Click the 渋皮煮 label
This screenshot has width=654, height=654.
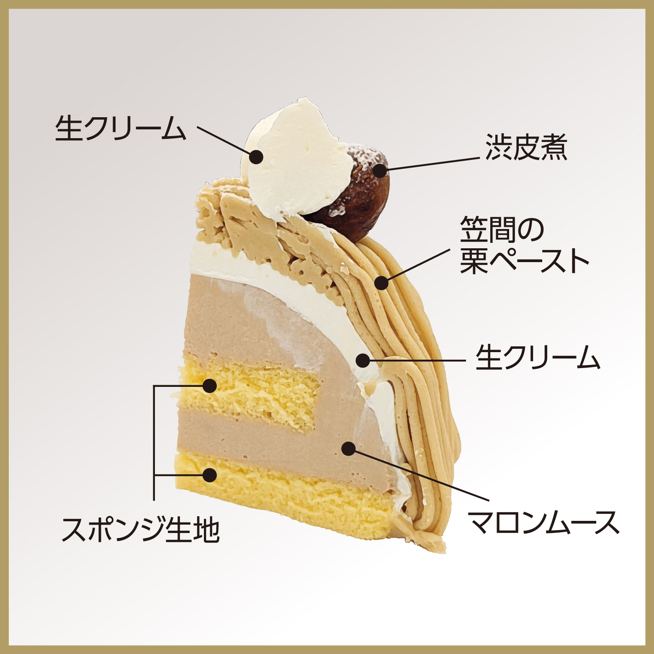coord(526,147)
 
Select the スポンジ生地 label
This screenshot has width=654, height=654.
coord(141,529)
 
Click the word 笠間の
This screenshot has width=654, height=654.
coord(502,230)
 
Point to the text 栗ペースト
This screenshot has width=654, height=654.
coord(525,261)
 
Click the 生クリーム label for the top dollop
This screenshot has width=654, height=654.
coord(121,128)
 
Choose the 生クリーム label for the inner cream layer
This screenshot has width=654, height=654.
coord(538,358)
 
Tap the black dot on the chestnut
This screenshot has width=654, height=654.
coord(380,171)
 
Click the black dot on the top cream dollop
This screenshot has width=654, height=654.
coord(256,157)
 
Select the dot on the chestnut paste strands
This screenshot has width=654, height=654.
coord(381,283)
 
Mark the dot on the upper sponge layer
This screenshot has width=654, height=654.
coord(210,386)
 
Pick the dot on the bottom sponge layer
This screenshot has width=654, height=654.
coord(210,475)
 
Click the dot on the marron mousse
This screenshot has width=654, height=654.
coord(348,448)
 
